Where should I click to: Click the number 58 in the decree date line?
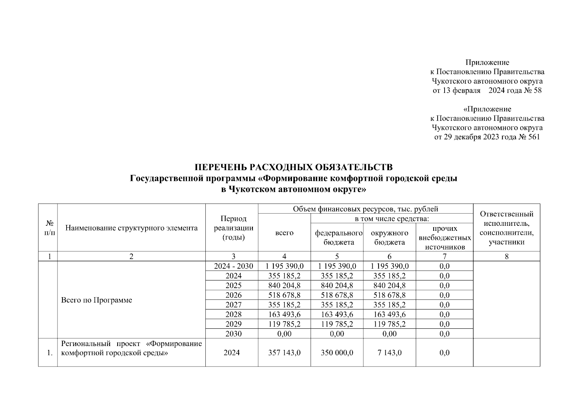point(537,90)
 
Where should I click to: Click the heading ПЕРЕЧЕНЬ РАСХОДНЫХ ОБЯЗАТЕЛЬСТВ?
point(293,167)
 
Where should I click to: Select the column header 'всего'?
point(284,233)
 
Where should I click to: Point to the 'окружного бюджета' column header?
point(390,238)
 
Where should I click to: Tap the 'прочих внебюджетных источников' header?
point(445,238)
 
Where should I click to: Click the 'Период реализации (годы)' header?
point(233,228)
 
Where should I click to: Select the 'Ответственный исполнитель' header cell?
point(506,228)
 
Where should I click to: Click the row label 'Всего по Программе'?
point(97,300)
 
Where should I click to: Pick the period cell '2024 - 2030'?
point(233,266)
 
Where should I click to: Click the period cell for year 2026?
point(233,295)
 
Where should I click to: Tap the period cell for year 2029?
point(233,324)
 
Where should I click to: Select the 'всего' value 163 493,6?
point(284,315)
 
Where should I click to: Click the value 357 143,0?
point(284,353)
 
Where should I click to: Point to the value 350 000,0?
point(337,353)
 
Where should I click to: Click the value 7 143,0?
point(390,353)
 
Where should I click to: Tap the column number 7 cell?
point(445,257)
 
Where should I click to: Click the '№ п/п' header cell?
point(49,228)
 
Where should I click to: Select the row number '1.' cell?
point(50,353)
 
